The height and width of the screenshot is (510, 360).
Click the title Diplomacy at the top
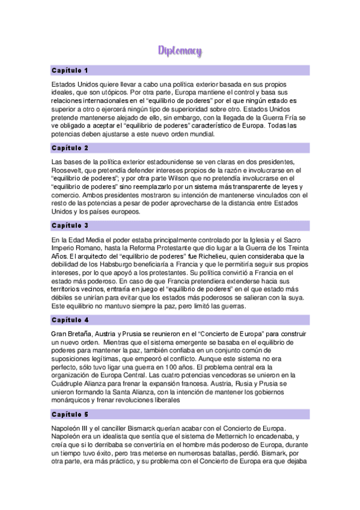[180, 51]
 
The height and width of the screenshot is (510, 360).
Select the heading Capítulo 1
[70, 70]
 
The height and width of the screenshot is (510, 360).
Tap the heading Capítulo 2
[70, 148]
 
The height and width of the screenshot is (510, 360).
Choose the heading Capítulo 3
[70, 226]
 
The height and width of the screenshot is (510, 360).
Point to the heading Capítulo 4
[70, 320]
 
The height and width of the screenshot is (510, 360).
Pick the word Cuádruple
[70, 383]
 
